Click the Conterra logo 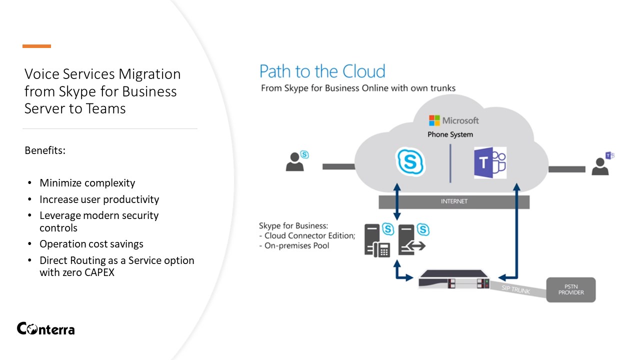45,328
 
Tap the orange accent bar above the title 36,46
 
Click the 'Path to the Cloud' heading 322,71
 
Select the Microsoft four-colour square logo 434,120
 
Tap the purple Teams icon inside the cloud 489,162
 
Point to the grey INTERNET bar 453,201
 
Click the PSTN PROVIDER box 570,289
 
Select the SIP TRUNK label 516,288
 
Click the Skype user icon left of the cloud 296,161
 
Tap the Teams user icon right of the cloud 601,163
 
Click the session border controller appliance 453,279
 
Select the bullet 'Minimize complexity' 87,183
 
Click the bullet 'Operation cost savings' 91,244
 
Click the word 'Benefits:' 45,150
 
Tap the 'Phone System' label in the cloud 450,134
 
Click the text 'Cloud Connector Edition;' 309,235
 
